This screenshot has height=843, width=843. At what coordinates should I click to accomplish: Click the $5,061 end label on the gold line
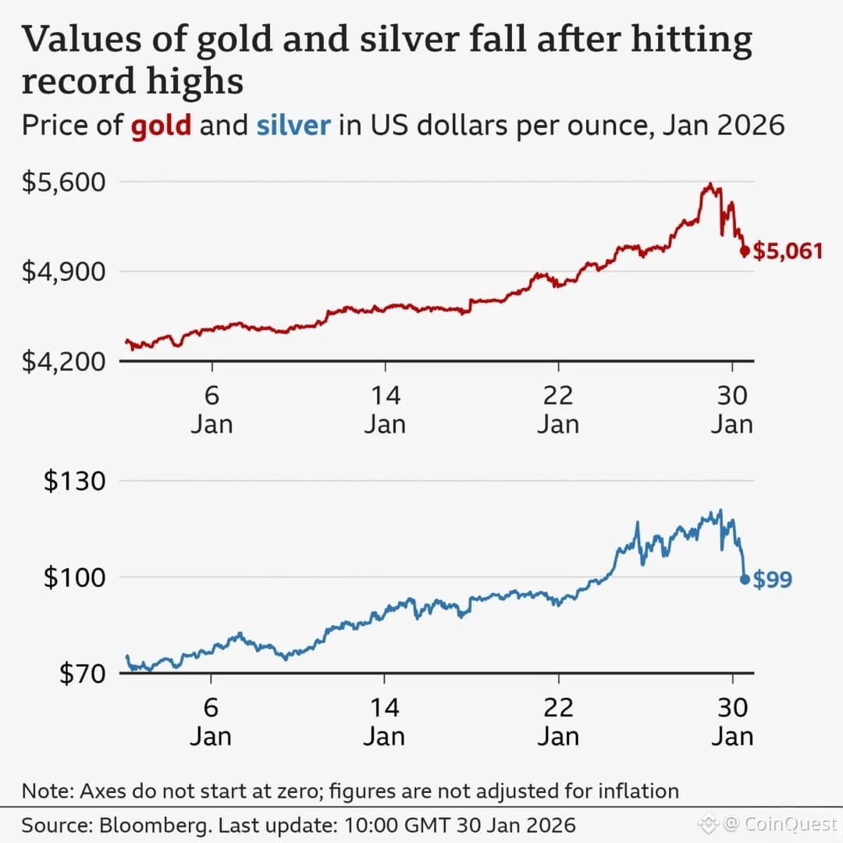click(788, 251)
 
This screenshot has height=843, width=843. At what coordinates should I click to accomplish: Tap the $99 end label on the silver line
click(773, 580)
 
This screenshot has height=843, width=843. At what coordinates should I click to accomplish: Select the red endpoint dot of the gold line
click(745, 251)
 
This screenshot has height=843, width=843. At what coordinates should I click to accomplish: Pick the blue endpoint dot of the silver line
click(745, 579)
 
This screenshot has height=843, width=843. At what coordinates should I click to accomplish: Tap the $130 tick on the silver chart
click(74, 481)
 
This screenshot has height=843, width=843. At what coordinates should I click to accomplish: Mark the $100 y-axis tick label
click(74, 578)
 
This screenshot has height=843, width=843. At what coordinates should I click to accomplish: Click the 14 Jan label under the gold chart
click(385, 410)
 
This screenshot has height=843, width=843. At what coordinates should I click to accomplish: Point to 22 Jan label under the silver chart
click(558, 722)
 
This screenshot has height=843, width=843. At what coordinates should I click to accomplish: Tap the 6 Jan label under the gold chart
click(211, 410)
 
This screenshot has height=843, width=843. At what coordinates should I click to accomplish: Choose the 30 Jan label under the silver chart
click(732, 722)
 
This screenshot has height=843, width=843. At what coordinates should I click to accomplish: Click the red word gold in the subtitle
click(161, 125)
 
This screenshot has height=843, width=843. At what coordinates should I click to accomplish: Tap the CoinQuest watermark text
click(790, 823)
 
